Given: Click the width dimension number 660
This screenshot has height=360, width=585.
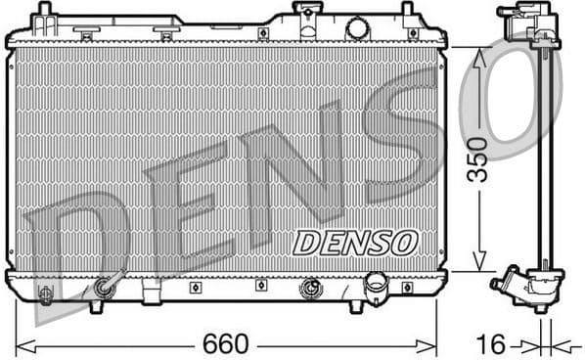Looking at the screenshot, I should coord(225,344).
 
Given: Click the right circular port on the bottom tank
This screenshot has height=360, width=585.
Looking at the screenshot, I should coord(311,288).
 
